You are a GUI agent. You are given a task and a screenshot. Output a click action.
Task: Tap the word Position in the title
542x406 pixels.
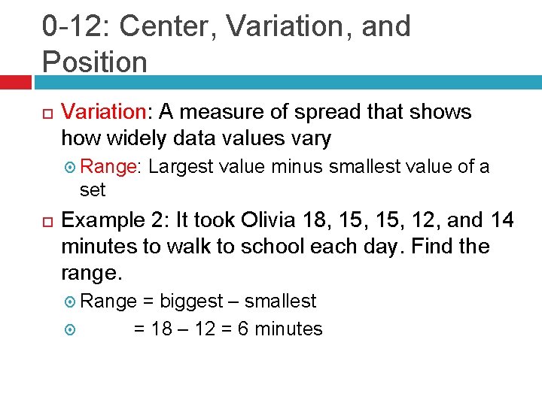click(x=95, y=61)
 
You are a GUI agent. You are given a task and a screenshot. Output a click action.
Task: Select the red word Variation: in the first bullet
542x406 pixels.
click(x=107, y=113)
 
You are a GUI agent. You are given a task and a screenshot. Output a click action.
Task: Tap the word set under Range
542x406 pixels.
click(x=93, y=189)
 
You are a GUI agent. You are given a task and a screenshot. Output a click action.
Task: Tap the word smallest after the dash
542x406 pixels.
click(x=280, y=301)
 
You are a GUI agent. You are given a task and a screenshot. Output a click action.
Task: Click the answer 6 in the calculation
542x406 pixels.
click(x=243, y=329)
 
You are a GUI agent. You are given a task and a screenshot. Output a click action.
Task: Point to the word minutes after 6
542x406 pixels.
click(x=289, y=329)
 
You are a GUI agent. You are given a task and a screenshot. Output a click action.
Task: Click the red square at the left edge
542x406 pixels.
click(x=15, y=80)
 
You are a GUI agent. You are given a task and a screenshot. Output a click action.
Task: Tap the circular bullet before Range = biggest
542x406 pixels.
click(x=71, y=302)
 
